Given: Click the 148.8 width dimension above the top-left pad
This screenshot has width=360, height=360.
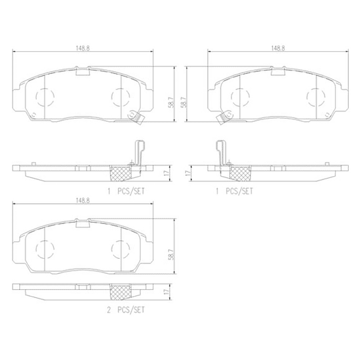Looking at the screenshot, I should pos(83,47).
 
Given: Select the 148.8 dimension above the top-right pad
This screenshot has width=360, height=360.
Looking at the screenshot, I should pos(279,47).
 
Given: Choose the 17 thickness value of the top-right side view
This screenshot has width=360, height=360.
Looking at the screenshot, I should pos(191,171).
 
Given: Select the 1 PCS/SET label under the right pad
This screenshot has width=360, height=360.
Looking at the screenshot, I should pos(235,191).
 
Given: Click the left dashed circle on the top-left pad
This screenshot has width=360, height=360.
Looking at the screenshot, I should pos(43,99).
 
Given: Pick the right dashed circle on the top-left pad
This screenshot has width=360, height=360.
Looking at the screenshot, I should pos(121,99).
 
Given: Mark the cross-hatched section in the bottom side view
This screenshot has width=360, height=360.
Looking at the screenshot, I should pos(120,292).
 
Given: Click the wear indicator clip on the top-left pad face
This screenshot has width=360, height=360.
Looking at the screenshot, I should pos(138,117).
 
